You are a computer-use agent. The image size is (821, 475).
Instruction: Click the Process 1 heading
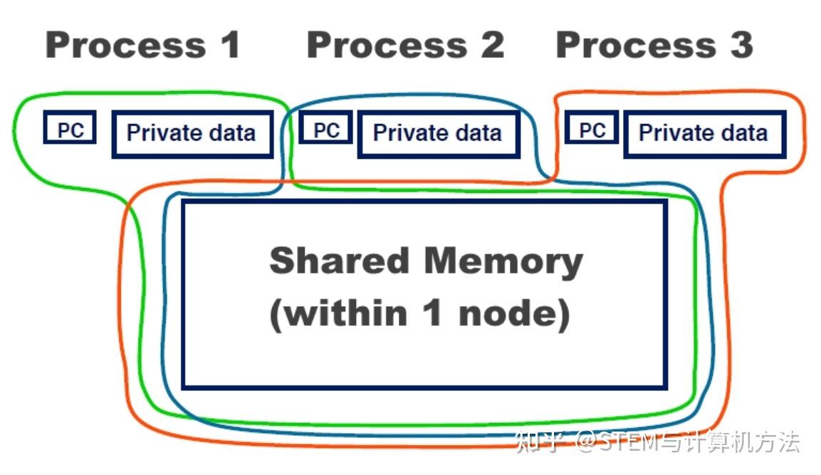[x=143, y=45]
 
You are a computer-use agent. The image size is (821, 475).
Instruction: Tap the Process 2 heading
[x=405, y=45]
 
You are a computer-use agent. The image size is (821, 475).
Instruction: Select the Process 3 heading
[x=654, y=45]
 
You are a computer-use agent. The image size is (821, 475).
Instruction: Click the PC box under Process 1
[x=70, y=127]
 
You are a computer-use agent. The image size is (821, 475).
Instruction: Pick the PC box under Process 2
[x=325, y=127]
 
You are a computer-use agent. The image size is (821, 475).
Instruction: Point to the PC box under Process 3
[x=592, y=127]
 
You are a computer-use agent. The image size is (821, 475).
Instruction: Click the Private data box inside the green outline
[x=192, y=134]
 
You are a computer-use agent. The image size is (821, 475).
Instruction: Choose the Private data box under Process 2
[x=439, y=134]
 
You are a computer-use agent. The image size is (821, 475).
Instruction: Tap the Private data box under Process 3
[x=705, y=134]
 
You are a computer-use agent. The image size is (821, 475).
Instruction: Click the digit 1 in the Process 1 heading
[x=231, y=45]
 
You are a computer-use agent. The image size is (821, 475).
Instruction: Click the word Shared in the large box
[x=339, y=260]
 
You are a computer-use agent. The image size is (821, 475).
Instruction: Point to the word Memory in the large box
[x=503, y=262]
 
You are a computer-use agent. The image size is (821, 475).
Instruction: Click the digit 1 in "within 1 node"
[x=432, y=313]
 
